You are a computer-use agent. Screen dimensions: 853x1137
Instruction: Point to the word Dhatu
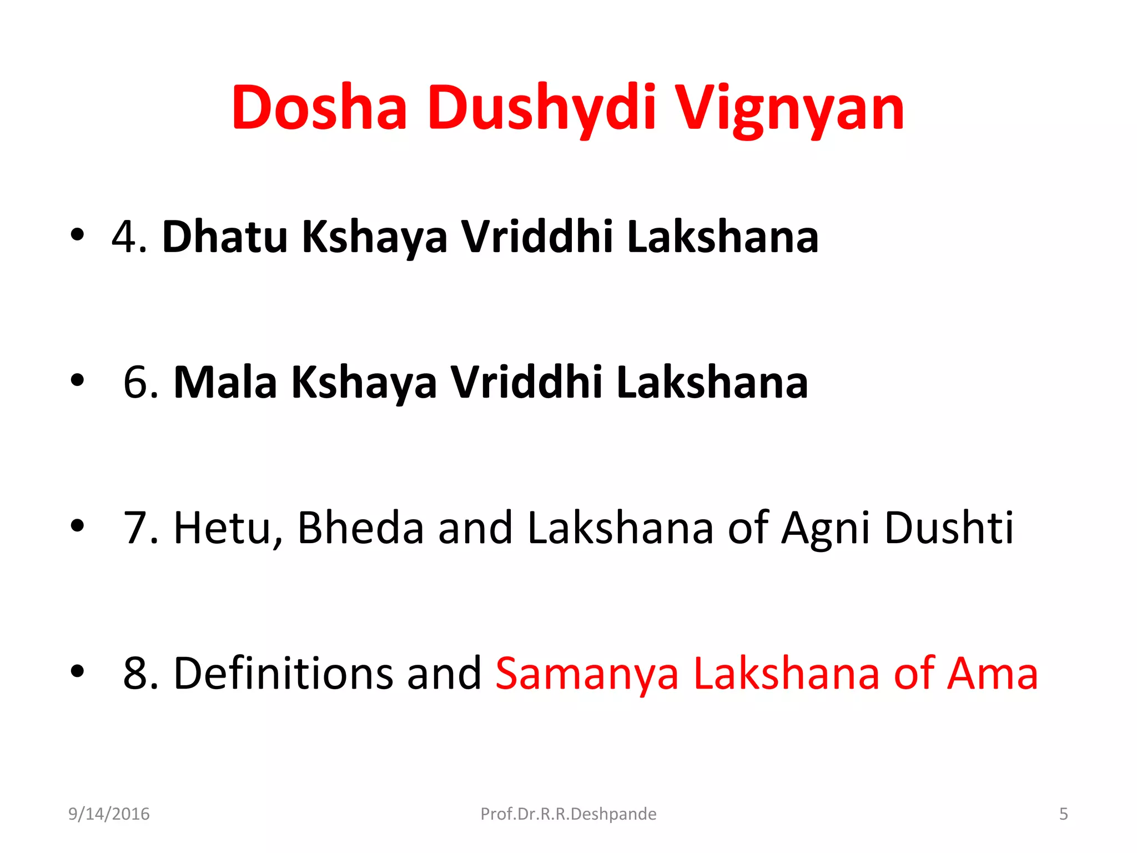[225, 237]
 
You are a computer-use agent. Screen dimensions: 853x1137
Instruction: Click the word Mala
[225, 382]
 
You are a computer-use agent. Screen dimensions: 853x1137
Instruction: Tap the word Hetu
[222, 528]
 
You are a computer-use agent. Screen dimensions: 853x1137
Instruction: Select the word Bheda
[361, 528]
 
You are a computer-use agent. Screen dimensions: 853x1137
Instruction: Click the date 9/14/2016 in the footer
[109, 814]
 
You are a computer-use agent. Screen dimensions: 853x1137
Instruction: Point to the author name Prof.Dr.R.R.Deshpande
[568, 814]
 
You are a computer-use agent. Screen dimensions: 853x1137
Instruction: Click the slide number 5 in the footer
[1063, 814]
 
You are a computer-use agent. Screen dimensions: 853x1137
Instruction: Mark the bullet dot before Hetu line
[77, 525]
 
